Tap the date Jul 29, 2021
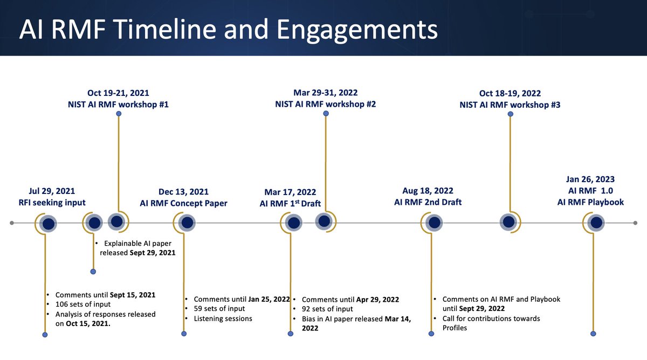tap(52, 191)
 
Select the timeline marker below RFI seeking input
tap(49, 223)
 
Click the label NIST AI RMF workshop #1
tap(121, 105)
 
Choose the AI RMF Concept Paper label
tap(183, 203)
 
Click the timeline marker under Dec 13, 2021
tap(187, 223)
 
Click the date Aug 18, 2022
tap(428, 191)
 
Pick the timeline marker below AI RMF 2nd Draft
tap(433, 223)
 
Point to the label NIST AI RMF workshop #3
tap(510, 105)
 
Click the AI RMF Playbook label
tap(591, 202)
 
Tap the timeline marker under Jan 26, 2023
tap(596, 223)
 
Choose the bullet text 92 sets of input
tap(327, 309)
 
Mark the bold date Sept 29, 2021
tap(152, 252)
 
